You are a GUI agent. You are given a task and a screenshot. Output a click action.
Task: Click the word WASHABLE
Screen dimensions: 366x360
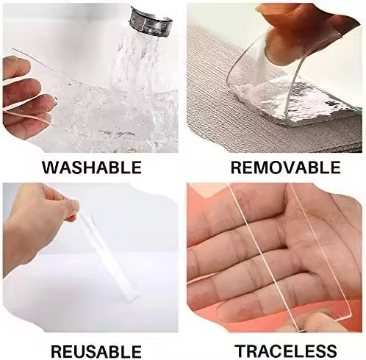click(92, 168)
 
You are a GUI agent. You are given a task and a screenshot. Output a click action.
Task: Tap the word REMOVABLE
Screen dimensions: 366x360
click(285, 168)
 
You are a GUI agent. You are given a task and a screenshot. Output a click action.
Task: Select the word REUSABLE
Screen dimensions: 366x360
click(96, 352)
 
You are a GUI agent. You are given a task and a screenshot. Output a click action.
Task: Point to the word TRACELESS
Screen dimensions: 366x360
click(285, 351)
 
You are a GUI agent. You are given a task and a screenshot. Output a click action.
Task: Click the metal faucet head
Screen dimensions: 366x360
click(148, 21)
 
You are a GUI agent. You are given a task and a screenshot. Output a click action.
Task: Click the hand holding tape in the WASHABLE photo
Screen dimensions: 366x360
click(27, 96)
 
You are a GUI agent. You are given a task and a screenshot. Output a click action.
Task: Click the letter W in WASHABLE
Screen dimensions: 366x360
click(50, 168)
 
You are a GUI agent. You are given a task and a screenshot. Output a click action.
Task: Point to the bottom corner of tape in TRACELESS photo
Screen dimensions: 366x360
click(351, 314)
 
